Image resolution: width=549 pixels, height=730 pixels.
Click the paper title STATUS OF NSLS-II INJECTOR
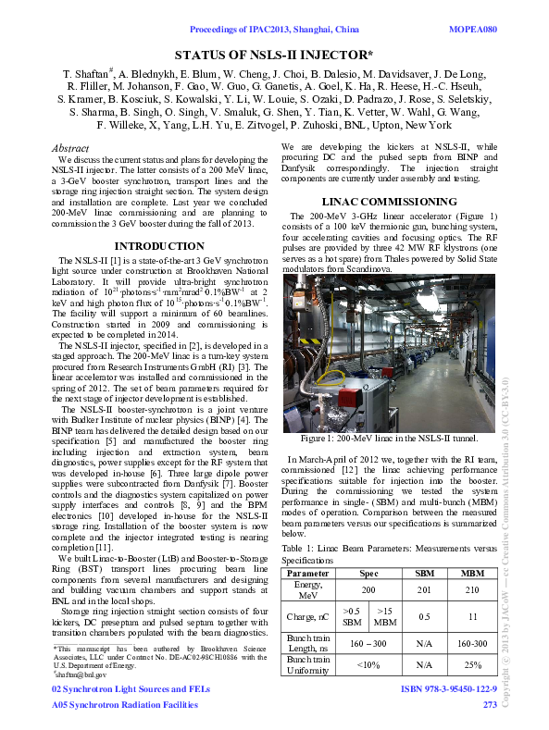point(273,55)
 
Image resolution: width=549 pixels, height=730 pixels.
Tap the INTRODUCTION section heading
point(158,245)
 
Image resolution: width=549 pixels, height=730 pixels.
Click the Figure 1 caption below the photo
point(390,437)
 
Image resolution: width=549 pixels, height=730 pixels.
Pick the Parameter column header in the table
point(308,574)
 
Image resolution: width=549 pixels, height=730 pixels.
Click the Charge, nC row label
point(308,616)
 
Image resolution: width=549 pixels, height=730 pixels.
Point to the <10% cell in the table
point(368,664)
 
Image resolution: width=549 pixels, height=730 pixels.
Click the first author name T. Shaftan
point(87,72)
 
